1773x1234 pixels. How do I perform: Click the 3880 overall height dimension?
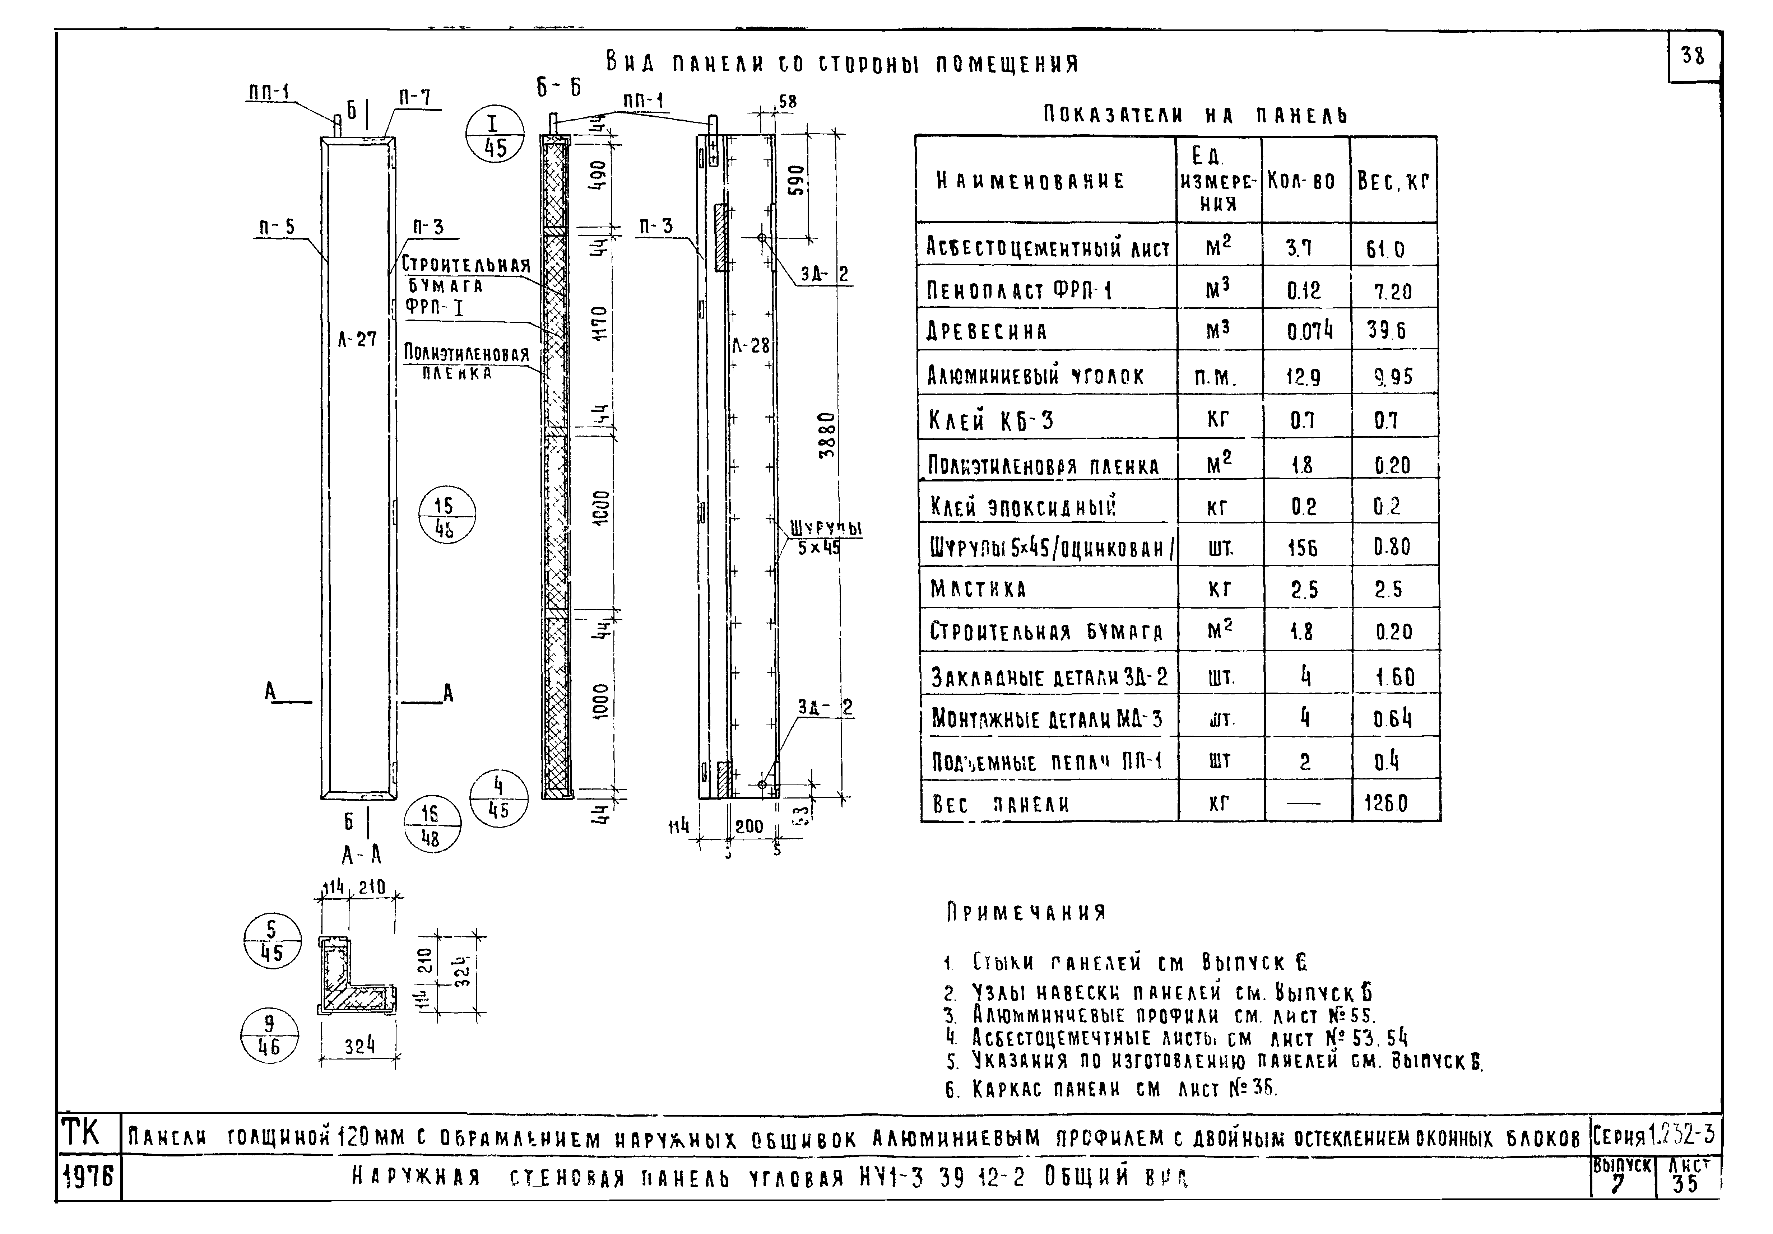click(826, 436)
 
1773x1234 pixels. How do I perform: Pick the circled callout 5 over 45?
click(272, 941)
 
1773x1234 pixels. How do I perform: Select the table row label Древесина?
click(987, 332)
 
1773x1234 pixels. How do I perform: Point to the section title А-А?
click(361, 855)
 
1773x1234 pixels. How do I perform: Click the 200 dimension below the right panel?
click(749, 826)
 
